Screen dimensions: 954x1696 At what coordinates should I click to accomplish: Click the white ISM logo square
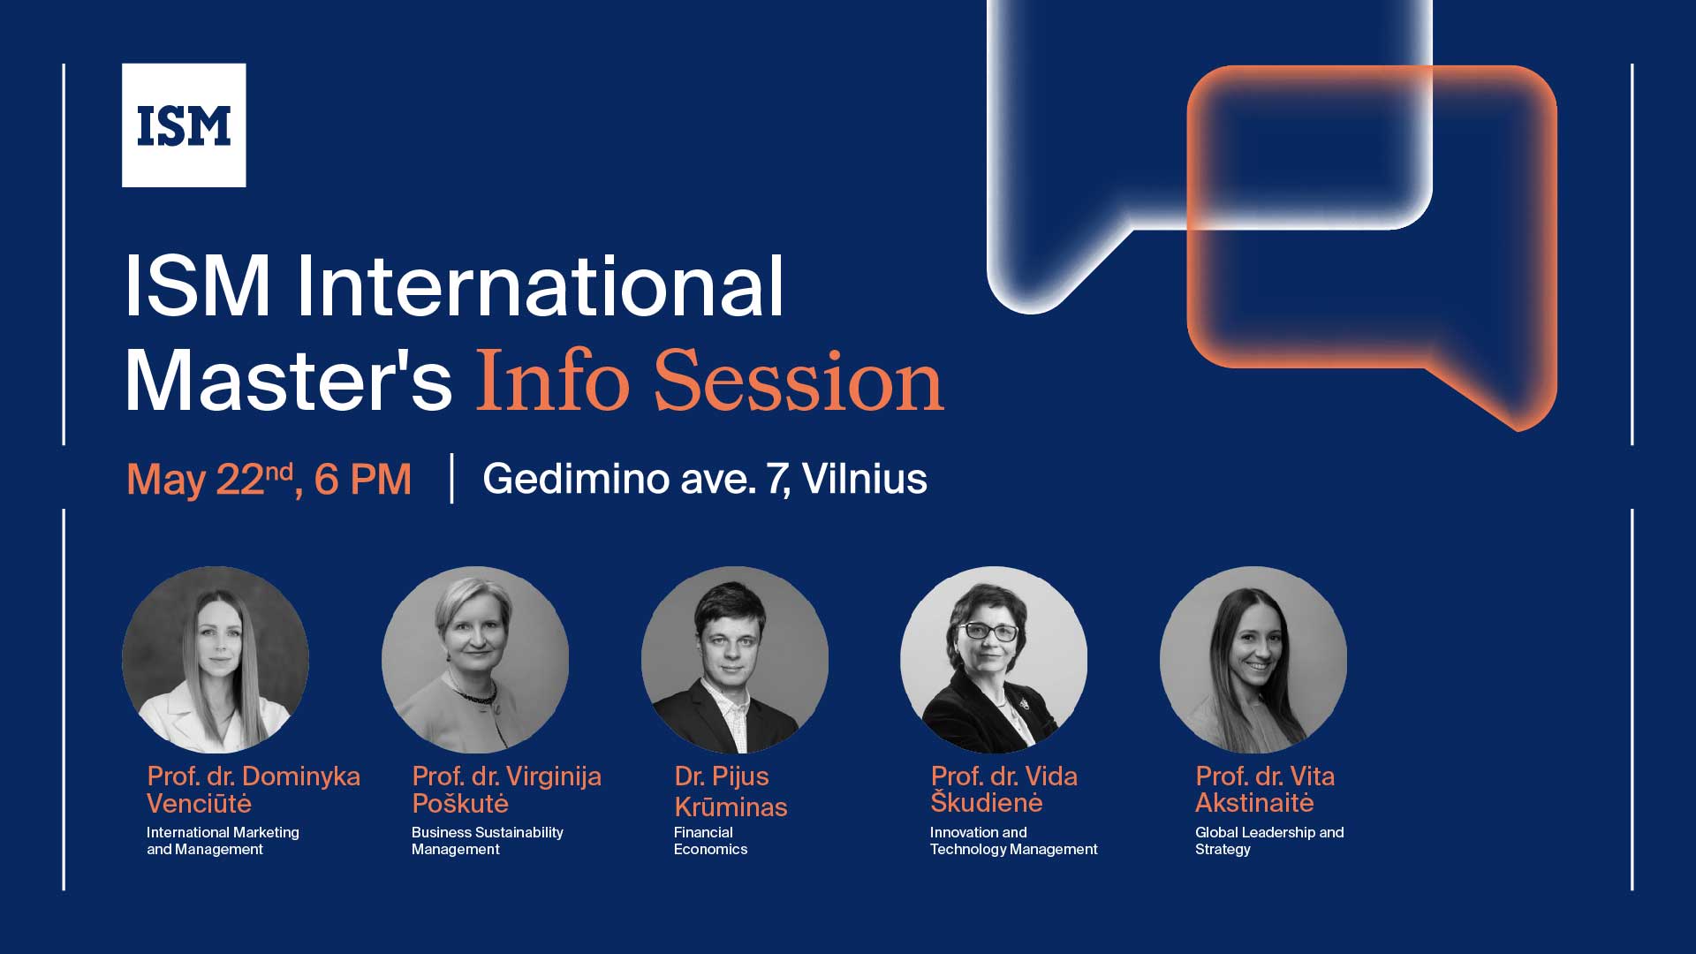point(184,125)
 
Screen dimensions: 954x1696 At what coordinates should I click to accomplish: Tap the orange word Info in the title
point(553,382)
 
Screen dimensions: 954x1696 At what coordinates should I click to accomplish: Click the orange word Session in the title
point(799,382)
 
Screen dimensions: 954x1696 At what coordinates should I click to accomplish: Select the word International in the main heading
point(540,286)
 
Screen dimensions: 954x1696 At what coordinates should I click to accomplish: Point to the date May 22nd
point(209,480)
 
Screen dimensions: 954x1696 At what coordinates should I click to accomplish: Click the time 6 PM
point(363,480)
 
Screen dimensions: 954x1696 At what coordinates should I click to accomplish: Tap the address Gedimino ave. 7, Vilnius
point(704,479)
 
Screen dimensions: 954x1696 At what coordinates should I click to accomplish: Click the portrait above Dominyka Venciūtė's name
point(216,659)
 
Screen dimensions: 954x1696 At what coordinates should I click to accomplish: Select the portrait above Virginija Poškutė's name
point(475,659)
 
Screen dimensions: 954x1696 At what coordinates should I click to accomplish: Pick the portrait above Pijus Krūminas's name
point(735,659)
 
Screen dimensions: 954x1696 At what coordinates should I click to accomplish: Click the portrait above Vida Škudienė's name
point(994,659)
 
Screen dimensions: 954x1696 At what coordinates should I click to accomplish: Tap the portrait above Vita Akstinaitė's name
point(1253,659)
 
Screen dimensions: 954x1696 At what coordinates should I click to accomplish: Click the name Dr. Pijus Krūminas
point(730,791)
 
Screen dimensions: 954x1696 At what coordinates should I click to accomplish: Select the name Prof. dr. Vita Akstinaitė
point(1264,790)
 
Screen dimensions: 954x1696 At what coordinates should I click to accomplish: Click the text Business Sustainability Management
point(487,841)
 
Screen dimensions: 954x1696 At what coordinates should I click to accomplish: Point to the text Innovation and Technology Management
point(1013,841)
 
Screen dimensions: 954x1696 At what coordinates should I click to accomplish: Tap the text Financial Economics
point(710,841)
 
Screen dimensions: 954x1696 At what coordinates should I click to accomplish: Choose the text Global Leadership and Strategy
point(1268,841)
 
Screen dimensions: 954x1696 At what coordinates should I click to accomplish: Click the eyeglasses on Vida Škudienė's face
point(988,632)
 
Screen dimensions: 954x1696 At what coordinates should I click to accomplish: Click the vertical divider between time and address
point(452,479)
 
